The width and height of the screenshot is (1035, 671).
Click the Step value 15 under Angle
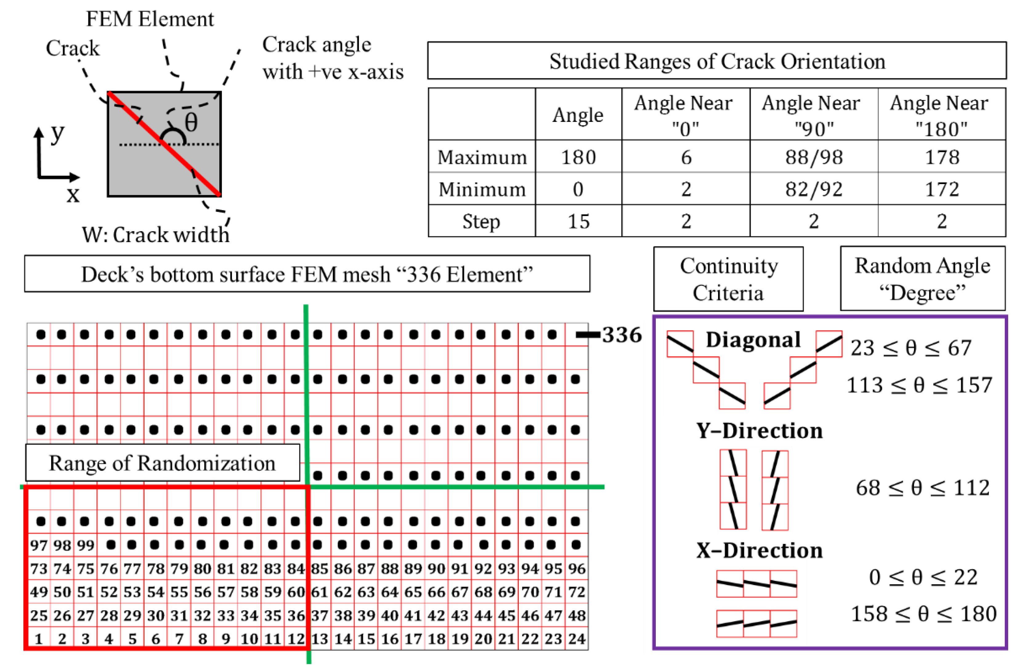pyautogui.click(x=578, y=221)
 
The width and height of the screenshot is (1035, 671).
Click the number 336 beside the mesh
pyautogui.click(x=622, y=335)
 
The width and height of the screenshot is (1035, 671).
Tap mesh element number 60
pyautogui.click(x=296, y=592)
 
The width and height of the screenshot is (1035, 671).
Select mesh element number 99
pyautogui.click(x=86, y=545)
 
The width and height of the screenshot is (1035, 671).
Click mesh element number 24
pyautogui.click(x=577, y=639)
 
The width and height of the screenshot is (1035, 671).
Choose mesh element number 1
pyautogui.click(x=39, y=639)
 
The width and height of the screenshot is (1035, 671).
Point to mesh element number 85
pyautogui.click(x=320, y=569)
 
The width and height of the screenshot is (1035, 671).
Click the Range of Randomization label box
pyautogui.click(x=162, y=463)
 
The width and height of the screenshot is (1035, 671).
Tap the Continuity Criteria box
pyautogui.click(x=729, y=279)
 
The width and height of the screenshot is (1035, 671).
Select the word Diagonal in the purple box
pyautogui.click(x=753, y=340)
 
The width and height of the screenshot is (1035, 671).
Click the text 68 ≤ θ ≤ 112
pyautogui.click(x=922, y=488)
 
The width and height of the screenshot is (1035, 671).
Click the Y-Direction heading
pyautogui.click(x=759, y=431)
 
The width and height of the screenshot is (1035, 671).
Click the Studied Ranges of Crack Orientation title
pyautogui.click(x=717, y=61)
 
